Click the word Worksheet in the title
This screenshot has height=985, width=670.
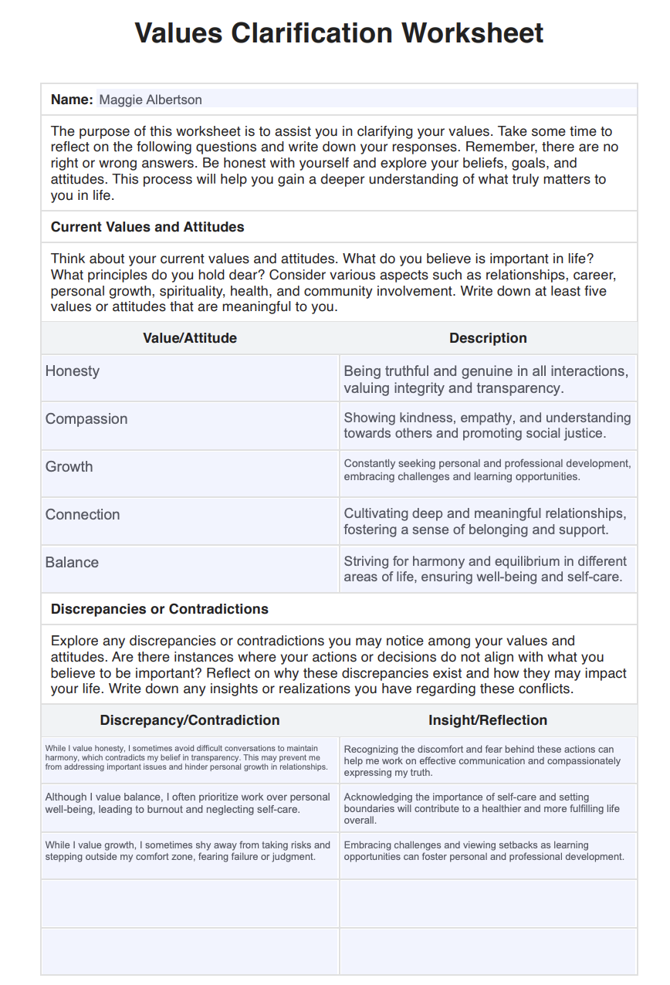point(472,33)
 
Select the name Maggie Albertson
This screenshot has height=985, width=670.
point(151,100)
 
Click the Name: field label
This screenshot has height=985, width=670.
point(72,100)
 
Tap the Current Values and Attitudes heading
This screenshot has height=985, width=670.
point(147,227)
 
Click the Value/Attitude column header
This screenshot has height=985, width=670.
point(190,338)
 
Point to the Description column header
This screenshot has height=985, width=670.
point(488,338)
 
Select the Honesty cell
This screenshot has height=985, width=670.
point(73,371)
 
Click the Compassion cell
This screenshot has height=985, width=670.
point(86,419)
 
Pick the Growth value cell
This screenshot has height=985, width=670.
point(69,467)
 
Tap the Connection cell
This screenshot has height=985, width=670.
point(83,515)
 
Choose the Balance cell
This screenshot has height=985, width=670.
point(72,563)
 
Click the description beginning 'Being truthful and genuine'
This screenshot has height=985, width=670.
point(486,379)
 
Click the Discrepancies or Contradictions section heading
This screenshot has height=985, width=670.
point(160,609)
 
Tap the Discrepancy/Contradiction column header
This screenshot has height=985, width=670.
point(190,720)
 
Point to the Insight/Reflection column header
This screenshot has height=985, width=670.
point(488,720)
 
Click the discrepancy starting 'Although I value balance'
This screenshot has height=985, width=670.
point(188,803)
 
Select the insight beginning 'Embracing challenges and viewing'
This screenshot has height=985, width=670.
point(483,851)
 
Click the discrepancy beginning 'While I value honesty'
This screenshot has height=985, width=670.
point(186,757)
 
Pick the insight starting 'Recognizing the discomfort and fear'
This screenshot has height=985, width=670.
point(482,760)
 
